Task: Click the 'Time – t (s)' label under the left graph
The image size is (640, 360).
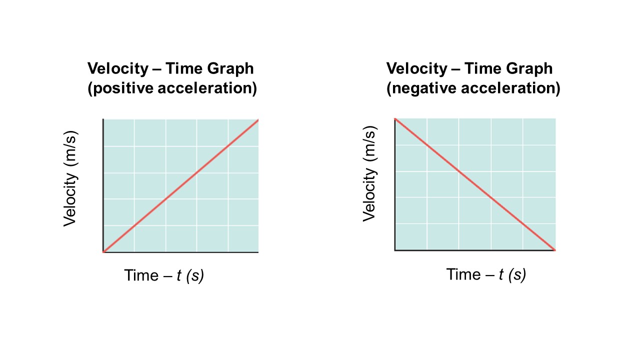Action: [x=164, y=275]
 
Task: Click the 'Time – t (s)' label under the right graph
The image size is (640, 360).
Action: [x=486, y=274]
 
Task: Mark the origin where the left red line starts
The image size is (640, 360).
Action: [x=103, y=251]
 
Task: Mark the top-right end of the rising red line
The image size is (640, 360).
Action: [x=258, y=119]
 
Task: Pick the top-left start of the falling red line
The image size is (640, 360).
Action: [x=395, y=119]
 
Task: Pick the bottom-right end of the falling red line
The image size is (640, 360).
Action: [x=554, y=249]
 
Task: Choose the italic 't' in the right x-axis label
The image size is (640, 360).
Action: [x=501, y=274]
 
